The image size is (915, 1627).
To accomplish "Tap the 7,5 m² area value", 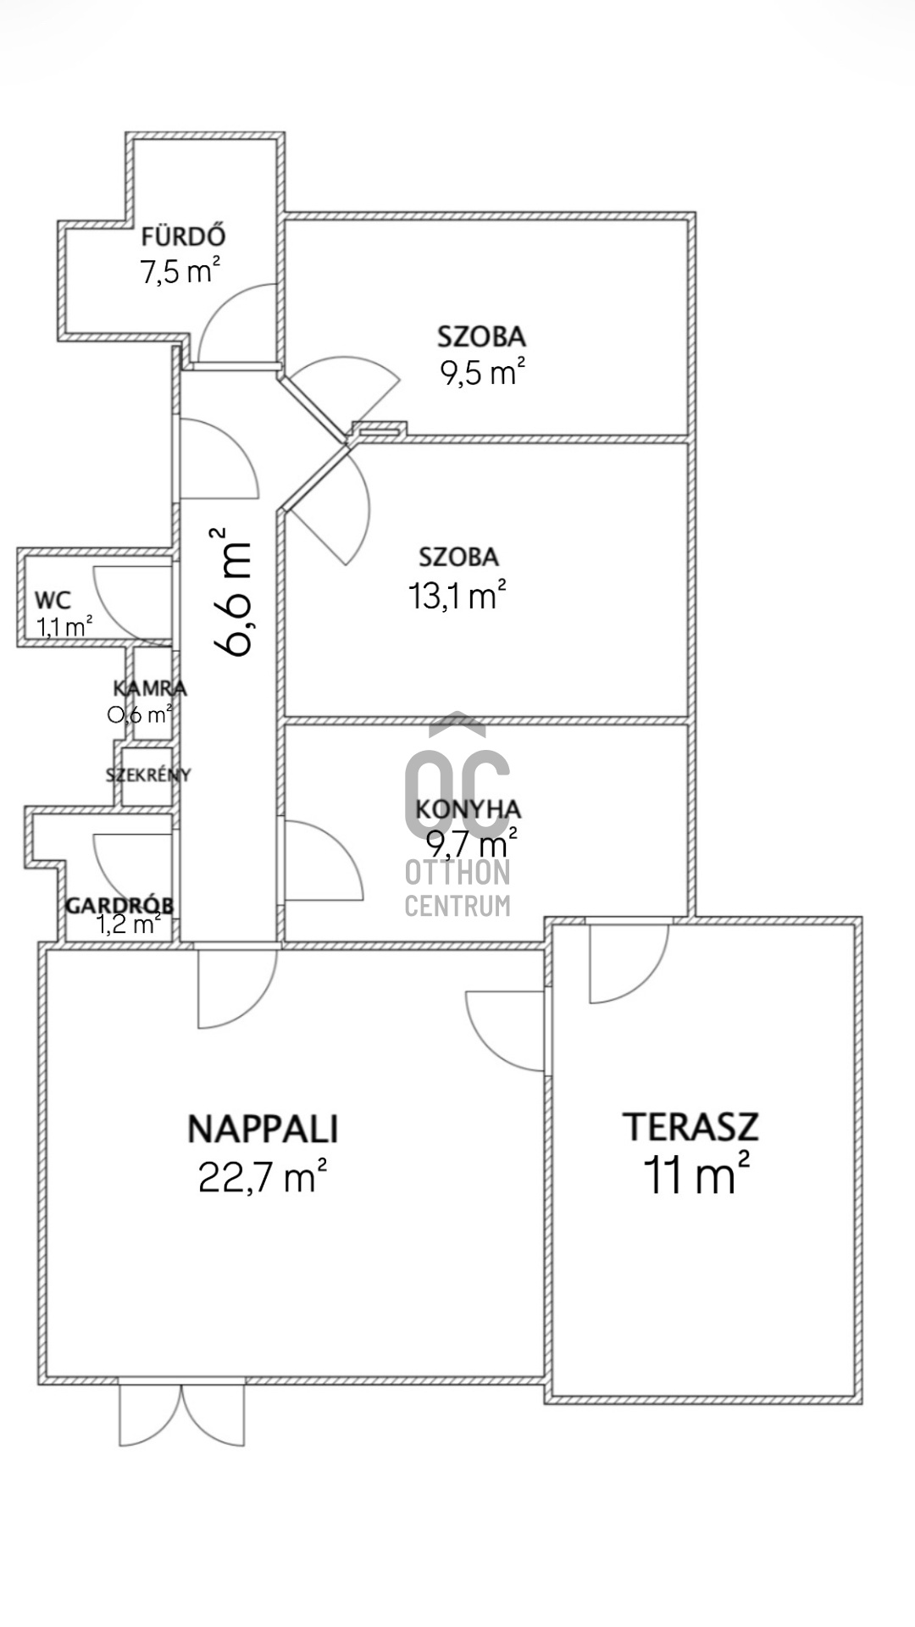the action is pyautogui.click(x=180, y=271).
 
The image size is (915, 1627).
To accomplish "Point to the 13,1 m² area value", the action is pyautogui.click(x=457, y=595).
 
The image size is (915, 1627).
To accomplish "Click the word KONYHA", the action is pyautogui.click(x=469, y=809).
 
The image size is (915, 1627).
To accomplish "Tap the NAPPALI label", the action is pyautogui.click(x=263, y=1129).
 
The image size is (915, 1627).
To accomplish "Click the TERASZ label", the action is pyautogui.click(x=691, y=1127).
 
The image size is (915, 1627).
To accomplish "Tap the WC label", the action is pyautogui.click(x=53, y=601).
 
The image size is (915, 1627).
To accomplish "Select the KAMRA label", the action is pyautogui.click(x=150, y=688).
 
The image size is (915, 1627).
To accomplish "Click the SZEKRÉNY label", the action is pyautogui.click(x=148, y=775).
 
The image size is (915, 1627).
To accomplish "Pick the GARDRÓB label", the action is pyautogui.click(x=119, y=904).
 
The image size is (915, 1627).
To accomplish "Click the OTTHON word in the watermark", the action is pyautogui.click(x=457, y=872).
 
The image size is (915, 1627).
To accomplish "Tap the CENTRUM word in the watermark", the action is pyautogui.click(x=457, y=906).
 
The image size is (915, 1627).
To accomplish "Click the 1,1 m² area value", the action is pyautogui.click(x=64, y=627).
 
